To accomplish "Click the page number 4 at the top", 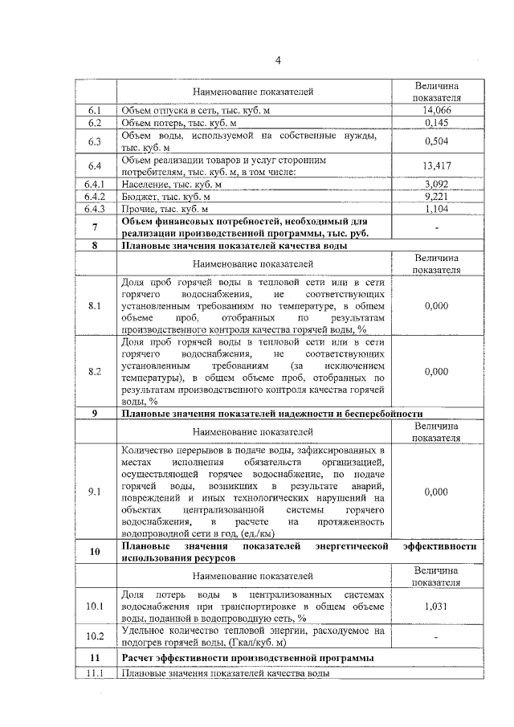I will point(278,60).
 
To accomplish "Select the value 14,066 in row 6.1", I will point(436,110).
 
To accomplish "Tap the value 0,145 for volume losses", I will point(436,123).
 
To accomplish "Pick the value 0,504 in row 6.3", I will point(436,142).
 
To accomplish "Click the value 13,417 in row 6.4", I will point(436,165).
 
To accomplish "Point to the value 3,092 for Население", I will point(436,184).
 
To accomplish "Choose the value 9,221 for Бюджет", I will point(436,196).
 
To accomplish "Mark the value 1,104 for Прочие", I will point(436,208).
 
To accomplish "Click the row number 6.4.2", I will point(96,196).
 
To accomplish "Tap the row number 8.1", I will point(96,306).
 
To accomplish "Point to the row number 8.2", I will point(96,371).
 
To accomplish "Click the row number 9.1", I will point(96,492).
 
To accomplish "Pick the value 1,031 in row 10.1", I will point(436,607).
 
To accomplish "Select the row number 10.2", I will point(96,636).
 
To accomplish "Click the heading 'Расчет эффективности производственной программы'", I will point(247,659).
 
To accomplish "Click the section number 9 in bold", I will point(96,414).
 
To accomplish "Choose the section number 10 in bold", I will point(96,552).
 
